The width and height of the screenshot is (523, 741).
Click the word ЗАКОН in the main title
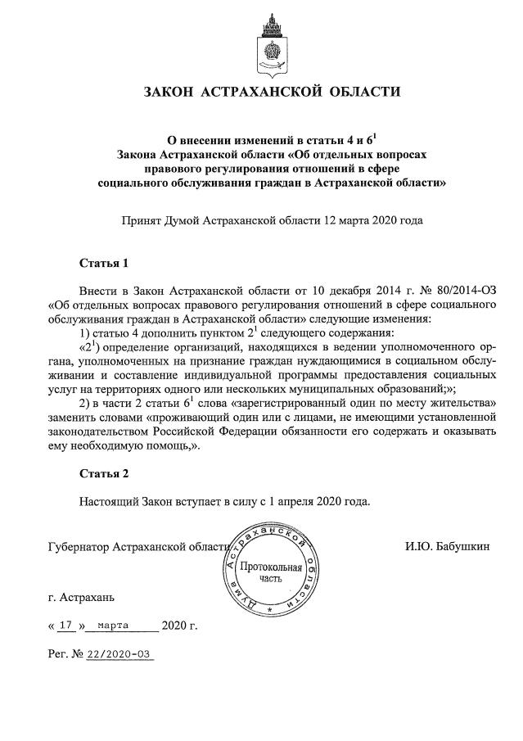click(x=174, y=91)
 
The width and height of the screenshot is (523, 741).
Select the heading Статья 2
click(x=104, y=474)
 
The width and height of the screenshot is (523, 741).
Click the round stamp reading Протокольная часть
click(x=269, y=571)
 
